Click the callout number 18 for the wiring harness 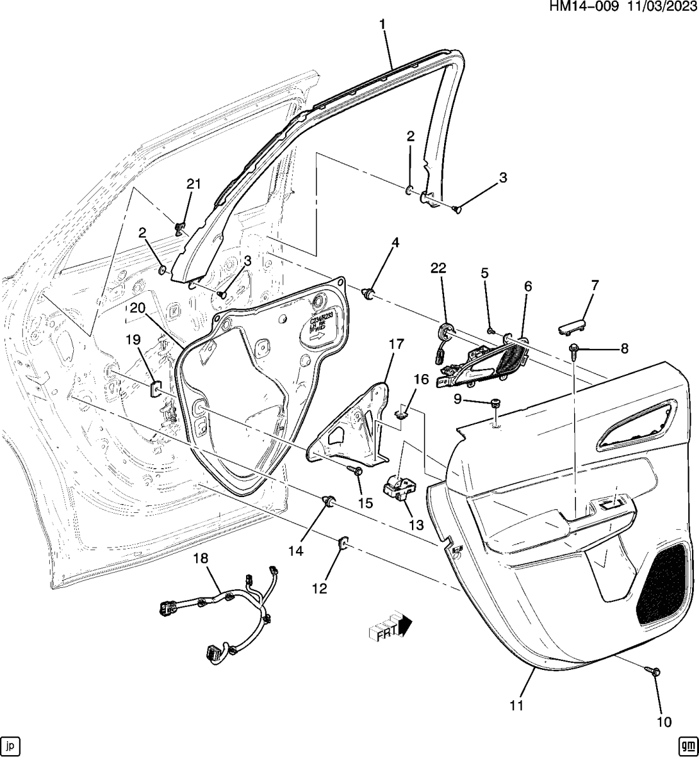200,558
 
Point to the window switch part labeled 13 401,488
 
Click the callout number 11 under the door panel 517,705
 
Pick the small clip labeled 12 344,542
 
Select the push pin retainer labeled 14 328,502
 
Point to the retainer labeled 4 368,292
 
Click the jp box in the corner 12,744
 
